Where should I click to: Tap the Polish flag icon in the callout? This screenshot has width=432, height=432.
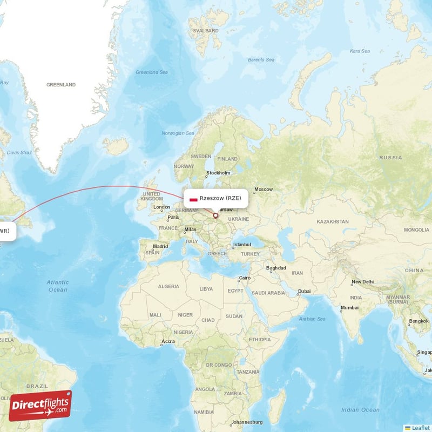(193, 199)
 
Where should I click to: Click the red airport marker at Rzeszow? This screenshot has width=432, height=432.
(215, 216)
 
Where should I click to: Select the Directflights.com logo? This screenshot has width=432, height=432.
(40, 406)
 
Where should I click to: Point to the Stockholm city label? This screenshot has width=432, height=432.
(218, 173)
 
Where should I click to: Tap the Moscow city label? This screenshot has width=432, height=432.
(264, 190)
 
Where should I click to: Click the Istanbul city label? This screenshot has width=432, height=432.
(242, 245)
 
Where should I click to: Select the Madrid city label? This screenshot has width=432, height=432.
(160, 246)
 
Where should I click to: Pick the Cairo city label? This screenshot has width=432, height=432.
(246, 279)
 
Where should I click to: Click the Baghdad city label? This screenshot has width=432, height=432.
(275, 269)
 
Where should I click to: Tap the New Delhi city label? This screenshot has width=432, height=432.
(363, 282)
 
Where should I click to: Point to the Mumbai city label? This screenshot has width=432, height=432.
(349, 308)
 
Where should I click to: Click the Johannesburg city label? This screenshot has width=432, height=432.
(246, 422)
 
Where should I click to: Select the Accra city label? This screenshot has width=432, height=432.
(168, 342)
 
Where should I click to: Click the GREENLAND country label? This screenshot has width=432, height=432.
(61, 85)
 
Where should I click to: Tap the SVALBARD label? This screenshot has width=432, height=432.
(207, 31)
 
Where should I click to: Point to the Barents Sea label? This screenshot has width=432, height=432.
(261, 59)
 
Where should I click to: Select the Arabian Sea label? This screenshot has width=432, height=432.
(313, 319)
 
